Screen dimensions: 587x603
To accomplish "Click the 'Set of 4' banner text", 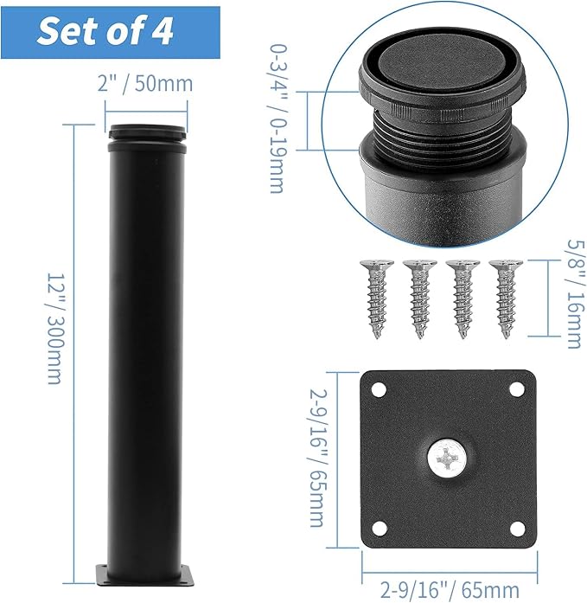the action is [105, 31].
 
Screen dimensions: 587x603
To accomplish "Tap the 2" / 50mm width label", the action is [145, 83].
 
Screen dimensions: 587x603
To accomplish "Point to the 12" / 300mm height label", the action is [55, 329].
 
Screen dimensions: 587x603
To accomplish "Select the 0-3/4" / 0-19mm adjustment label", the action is [278, 119].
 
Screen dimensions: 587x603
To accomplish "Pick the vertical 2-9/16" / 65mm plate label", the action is [318, 458].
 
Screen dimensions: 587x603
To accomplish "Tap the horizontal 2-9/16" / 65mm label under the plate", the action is [450, 589].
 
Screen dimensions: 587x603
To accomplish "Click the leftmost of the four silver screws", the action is [377, 298].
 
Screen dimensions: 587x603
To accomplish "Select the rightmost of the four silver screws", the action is [506, 298].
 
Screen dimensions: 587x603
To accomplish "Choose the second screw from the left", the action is [420, 298].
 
